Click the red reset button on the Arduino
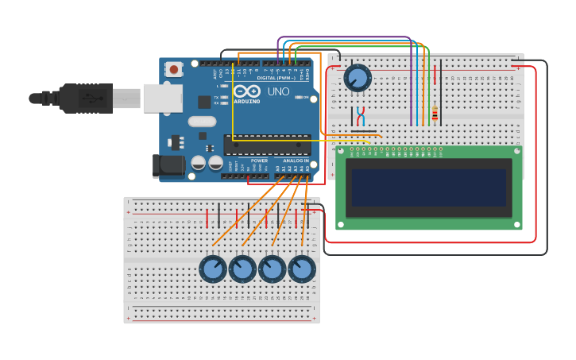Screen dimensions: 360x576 (173, 70)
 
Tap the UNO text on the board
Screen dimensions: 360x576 (278, 91)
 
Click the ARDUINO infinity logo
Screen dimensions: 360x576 (246, 91)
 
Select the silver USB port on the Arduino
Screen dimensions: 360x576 (162, 98)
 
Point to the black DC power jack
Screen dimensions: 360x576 (167, 165)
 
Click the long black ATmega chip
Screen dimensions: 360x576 (267, 145)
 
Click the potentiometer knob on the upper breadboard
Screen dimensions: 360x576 (358, 78)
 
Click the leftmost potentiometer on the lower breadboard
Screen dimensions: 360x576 (213, 269)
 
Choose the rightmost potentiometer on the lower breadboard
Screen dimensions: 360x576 (302, 269)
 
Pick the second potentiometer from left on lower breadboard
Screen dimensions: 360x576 (242, 269)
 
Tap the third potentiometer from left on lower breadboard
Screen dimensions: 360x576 (272, 269)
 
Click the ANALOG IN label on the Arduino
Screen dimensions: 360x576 (296, 161)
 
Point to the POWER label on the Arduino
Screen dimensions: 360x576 (259, 161)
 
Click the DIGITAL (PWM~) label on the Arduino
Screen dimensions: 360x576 (276, 78)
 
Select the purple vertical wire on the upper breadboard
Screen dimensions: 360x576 (411, 83)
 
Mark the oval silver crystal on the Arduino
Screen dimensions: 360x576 (202, 122)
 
